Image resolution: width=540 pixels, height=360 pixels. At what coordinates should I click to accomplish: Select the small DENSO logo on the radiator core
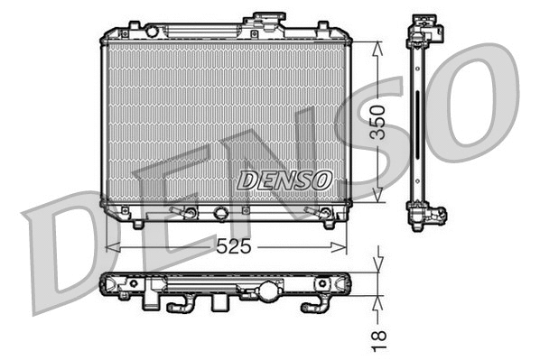[x=284, y=180]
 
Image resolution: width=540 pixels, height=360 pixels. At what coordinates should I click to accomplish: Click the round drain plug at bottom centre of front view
[x=220, y=214]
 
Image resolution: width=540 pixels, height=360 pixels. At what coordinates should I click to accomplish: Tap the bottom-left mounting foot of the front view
[x=137, y=221]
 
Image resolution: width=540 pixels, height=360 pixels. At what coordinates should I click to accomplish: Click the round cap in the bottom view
[x=270, y=291]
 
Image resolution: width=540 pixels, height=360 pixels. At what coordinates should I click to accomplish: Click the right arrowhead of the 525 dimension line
[x=344, y=245]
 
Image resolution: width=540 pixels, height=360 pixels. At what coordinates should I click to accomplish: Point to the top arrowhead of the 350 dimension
[x=377, y=46]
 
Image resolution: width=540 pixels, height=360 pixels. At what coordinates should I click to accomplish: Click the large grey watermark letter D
[x=72, y=248]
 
